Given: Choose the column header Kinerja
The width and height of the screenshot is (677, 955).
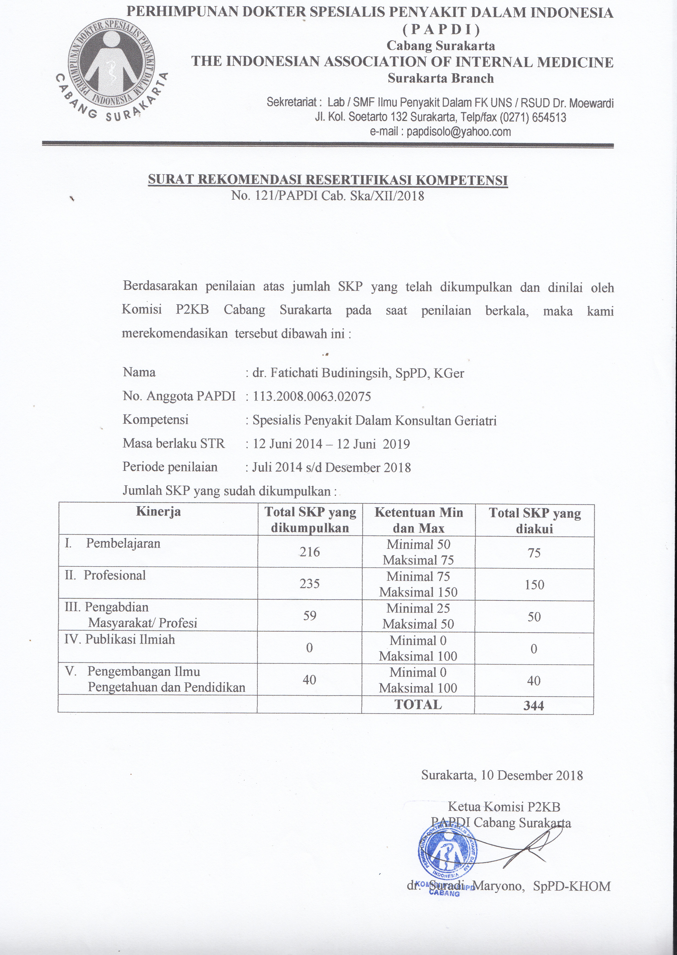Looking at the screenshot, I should click(x=158, y=512).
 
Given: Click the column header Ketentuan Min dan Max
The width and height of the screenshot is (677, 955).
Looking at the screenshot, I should click(x=418, y=520).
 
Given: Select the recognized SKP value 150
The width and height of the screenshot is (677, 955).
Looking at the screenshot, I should click(x=534, y=585).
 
